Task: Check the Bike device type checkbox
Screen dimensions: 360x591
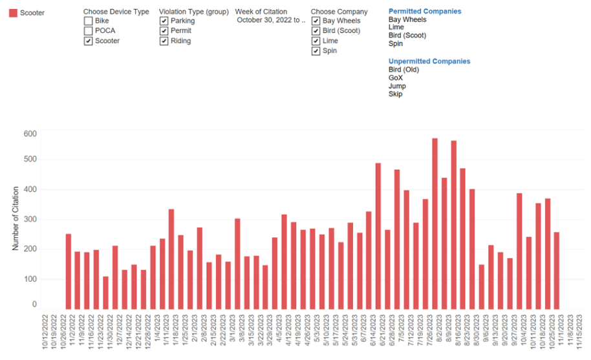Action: (x=89, y=21)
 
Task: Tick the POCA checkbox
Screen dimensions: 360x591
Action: (x=89, y=31)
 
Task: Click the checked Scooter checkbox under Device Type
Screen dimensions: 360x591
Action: (x=89, y=41)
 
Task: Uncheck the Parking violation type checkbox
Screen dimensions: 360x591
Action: (x=164, y=21)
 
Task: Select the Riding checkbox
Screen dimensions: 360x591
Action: (x=164, y=41)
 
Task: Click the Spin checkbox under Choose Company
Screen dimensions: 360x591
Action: (x=316, y=51)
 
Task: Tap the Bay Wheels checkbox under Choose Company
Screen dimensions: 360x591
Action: (x=316, y=21)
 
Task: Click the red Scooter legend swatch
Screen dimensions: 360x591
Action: (x=12, y=13)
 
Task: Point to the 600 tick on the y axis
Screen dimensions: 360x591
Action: (x=30, y=134)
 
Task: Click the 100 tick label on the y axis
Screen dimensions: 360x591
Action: (x=30, y=279)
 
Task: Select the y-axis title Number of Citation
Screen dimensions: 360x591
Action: (x=16, y=218)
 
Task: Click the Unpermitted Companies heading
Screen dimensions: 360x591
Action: (x=429, y=61)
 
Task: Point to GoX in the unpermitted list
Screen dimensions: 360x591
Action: (x=396, y=78)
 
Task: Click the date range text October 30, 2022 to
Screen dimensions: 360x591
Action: (x=270, y=20)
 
